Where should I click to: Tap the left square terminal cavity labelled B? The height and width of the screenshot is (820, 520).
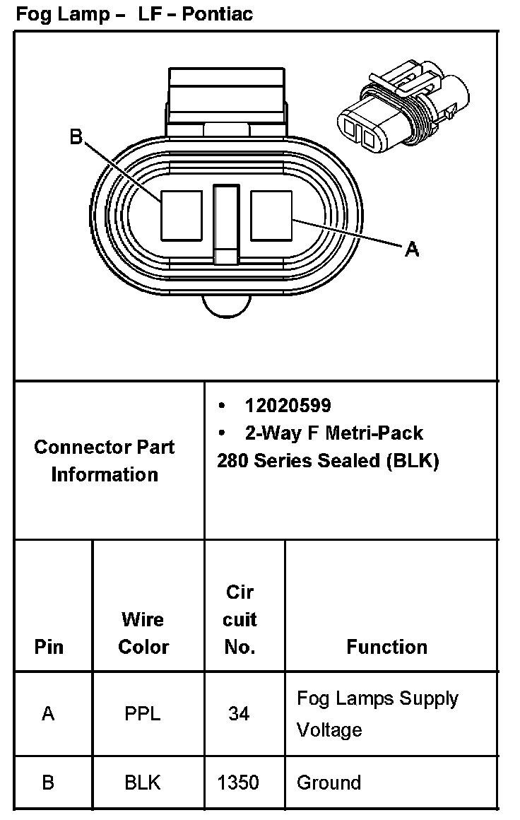tap(182, 215)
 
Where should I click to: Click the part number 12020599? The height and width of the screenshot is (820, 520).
tap(288, 406)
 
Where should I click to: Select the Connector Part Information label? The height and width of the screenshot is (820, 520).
tap(105, 460)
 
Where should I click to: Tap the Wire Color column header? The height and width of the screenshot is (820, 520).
tap(143, 633)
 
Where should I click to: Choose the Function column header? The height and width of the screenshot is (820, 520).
tap(386, 647)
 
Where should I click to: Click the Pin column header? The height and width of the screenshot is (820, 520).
tap(49, 647)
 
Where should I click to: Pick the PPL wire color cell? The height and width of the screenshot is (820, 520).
tap(143, 714)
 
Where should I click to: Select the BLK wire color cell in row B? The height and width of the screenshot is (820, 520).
tap(143, 783)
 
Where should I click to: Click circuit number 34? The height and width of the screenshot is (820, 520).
tap(239, 714)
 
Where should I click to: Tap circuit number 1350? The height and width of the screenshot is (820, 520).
tap(239, 783)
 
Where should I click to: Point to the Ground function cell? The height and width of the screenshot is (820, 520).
tap(329, 783)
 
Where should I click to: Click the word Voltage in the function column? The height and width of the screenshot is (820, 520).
tap(329, 730)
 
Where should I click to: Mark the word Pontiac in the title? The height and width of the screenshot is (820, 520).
tap(218, 13)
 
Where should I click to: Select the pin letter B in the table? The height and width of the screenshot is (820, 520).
tap(48, 783)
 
